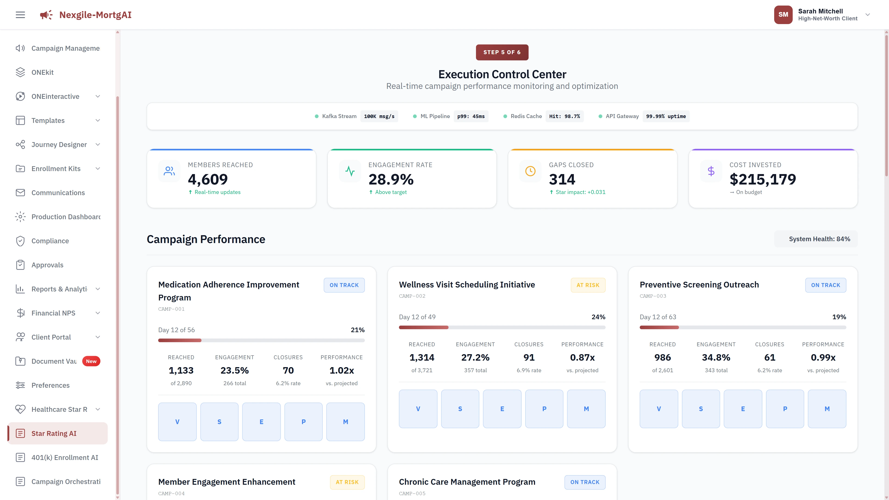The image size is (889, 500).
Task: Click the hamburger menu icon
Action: point(20,15)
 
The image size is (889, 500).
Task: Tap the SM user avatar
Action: point(783,15)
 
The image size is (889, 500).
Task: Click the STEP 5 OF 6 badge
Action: point(502,52)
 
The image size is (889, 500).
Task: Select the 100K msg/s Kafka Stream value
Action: point(379,116)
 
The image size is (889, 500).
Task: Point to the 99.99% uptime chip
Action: point(666,116)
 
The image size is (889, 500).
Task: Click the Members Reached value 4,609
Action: point(208,179)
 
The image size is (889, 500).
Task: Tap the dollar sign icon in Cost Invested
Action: point(711,171)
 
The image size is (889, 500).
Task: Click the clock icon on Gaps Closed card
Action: point(530,171)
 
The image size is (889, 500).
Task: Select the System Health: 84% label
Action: point(819,239)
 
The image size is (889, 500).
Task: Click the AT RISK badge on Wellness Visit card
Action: point(588,285)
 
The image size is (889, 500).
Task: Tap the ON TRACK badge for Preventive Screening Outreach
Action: point(826,285)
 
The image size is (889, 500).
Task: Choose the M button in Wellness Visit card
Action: point(586,409)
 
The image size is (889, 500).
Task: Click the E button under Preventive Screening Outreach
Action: point(743,409)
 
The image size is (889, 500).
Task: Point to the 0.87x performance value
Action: point(582,357)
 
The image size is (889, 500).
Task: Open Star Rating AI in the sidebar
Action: point(54,433)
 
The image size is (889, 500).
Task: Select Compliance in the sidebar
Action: point(50,241)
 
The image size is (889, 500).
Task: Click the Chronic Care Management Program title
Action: point(467,482)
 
